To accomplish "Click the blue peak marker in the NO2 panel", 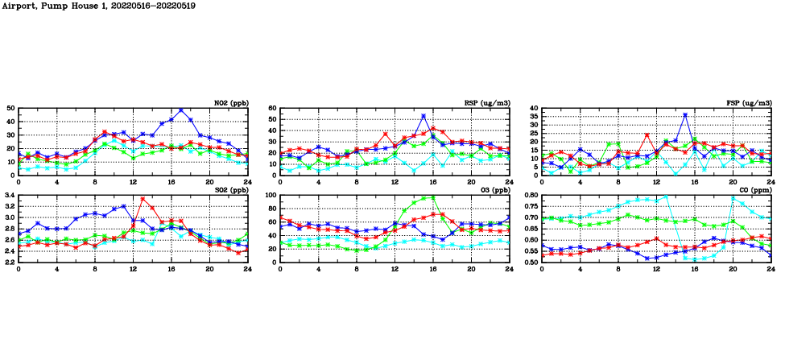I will pos(181,110).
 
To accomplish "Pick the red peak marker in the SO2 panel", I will pos(143,198).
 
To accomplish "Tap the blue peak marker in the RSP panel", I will pos(423,116).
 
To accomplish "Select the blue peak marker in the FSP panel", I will pos(685,114).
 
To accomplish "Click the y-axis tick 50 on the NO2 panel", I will pos(10,108).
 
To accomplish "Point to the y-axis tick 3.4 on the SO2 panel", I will pos(9,195).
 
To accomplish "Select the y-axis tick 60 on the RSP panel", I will pos(272,108).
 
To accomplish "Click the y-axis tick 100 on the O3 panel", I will pos(270,195).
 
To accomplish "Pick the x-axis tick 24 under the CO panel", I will pos(771,268).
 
